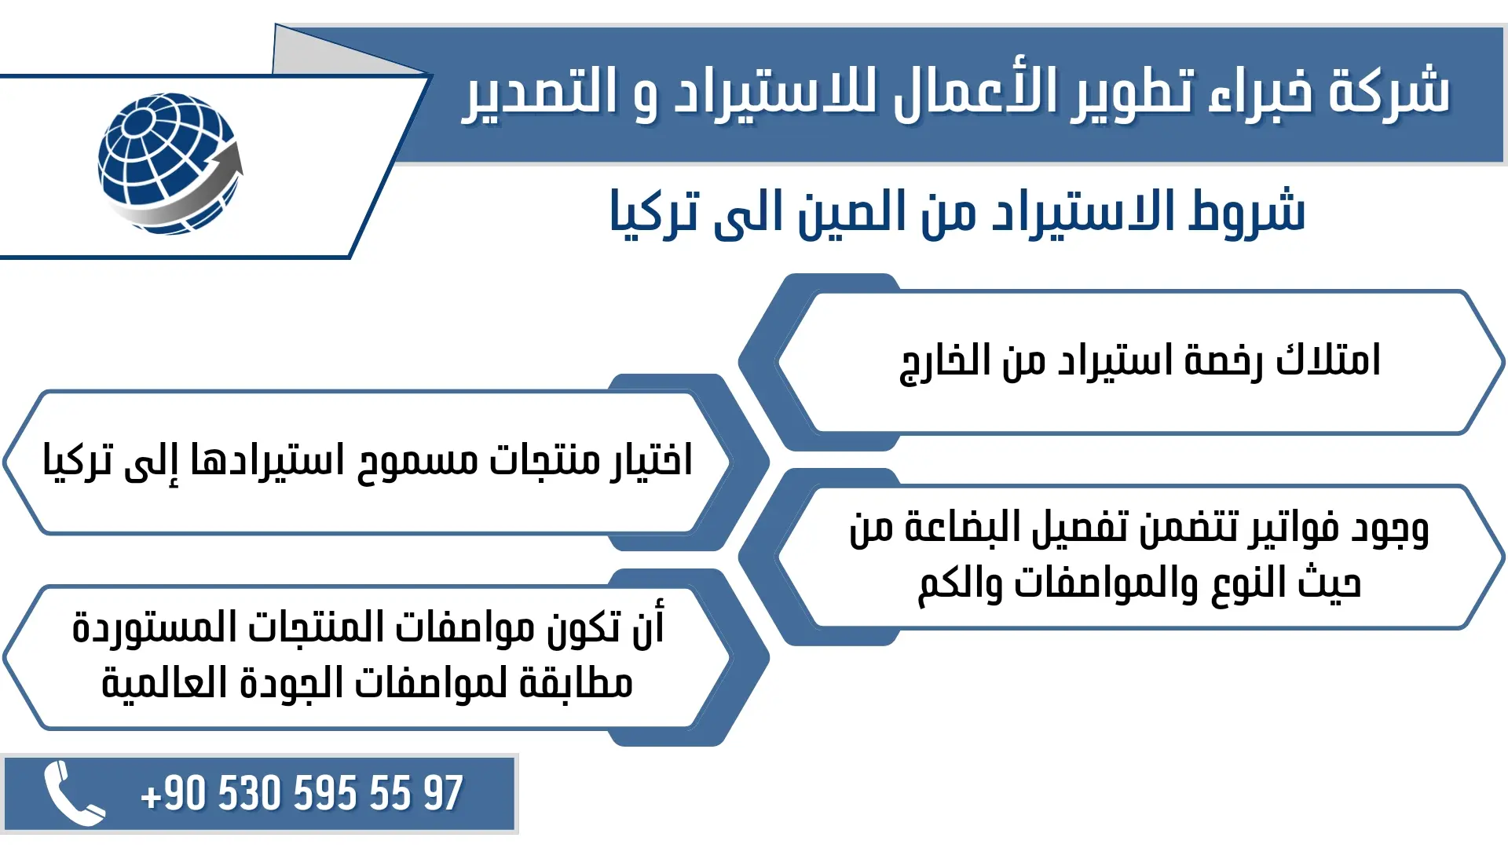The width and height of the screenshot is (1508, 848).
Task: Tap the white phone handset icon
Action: [x=73, y=793]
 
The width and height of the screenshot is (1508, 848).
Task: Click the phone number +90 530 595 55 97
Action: [x=302, y=793]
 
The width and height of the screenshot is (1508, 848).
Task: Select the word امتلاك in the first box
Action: [x=1327, y=360]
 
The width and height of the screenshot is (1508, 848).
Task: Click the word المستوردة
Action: [x=141, y=628]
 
